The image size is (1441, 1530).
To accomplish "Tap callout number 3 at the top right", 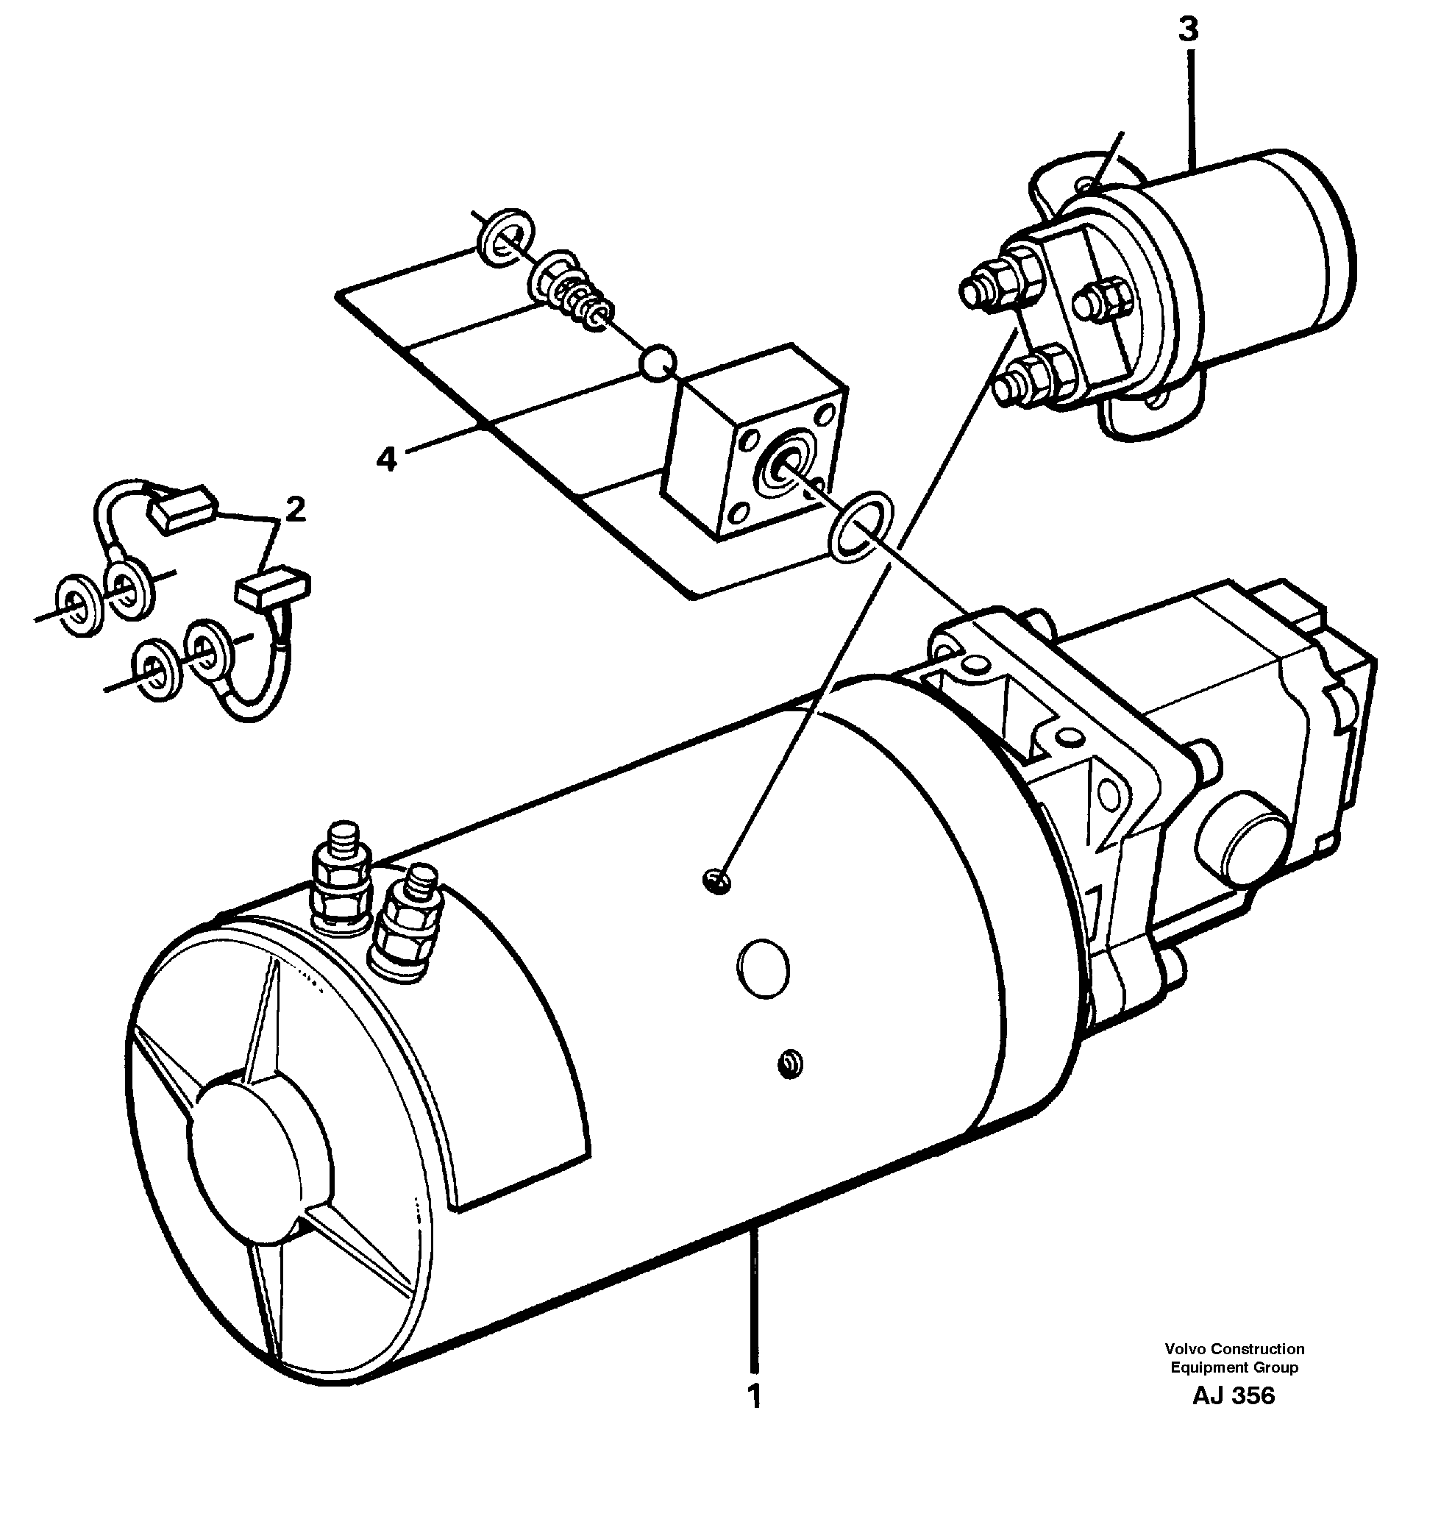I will coord(1189,31).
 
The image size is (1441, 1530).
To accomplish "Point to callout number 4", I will coord(386,460).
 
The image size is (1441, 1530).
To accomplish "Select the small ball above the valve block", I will coord(658,363).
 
